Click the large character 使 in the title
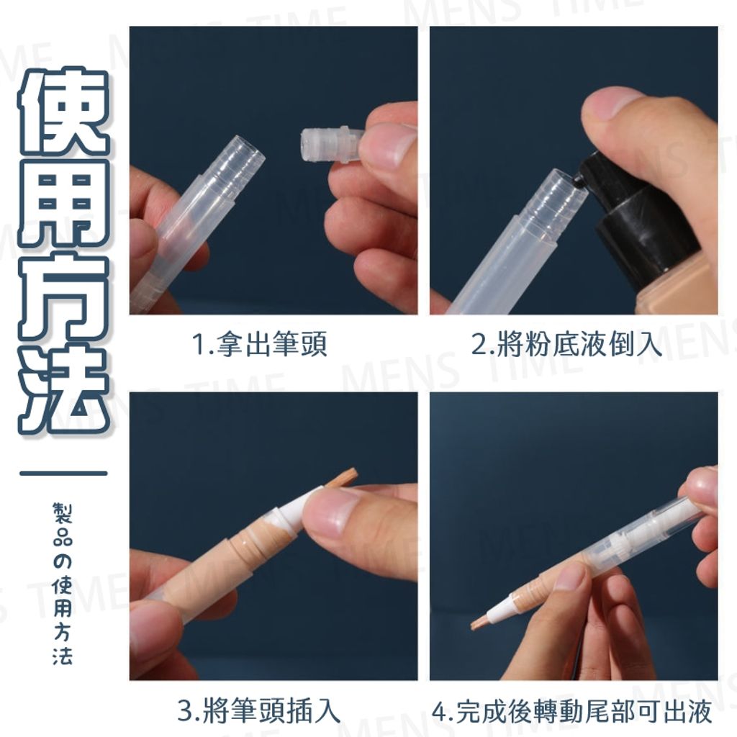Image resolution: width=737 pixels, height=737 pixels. (63, 112)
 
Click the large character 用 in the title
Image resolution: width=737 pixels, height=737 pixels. (63, 205)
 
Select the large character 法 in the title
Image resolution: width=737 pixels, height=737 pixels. (63, 389)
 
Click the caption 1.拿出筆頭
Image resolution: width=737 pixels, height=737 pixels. (260, 345)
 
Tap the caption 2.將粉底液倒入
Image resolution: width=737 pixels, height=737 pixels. (566, 345)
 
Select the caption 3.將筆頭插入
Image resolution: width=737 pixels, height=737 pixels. (258, 712)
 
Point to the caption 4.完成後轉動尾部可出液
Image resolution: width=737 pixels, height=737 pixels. (572, 712)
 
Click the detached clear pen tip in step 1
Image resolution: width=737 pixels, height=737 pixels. (328, 144)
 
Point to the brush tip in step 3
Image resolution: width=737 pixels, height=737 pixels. (343, 478)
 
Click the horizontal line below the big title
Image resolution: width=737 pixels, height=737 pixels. (63, 474)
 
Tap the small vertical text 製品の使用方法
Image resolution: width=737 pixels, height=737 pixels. (63, 584)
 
